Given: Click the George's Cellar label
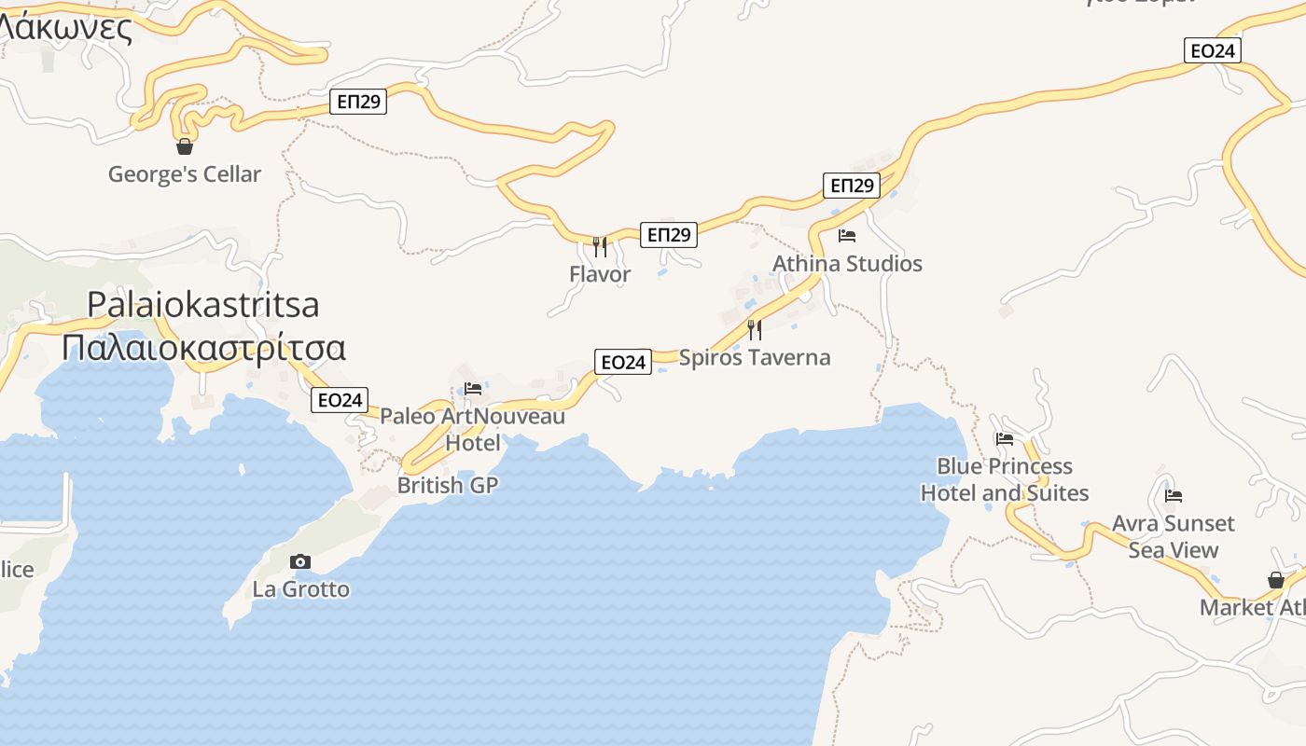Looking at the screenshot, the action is point(185,174).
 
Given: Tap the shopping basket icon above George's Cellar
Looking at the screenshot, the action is point(185,146).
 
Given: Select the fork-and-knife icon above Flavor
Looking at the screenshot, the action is point(600,247).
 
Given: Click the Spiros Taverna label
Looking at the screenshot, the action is point(755,358).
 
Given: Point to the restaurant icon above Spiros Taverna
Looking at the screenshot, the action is point(755,330).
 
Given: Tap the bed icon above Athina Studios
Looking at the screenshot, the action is point(847,236).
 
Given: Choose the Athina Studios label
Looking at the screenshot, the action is point(847,264).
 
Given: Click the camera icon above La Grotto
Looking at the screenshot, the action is point(300,561).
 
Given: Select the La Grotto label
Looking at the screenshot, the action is point(301,589).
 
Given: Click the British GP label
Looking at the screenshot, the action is point(448,486).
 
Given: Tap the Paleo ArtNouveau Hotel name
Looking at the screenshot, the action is point(473,429).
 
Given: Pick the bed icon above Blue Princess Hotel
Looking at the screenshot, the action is point(1005,438).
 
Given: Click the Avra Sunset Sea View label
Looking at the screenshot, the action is point(1174,536).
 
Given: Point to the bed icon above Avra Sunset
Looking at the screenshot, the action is point(1174,496).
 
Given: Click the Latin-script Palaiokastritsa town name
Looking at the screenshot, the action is point(203,305).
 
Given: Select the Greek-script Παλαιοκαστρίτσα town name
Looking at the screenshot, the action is point(203,348).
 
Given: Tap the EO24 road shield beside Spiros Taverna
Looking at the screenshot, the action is point(622,362).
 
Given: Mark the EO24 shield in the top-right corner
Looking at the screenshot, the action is point(1212,51).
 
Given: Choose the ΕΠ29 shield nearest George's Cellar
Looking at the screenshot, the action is point(359,102).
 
